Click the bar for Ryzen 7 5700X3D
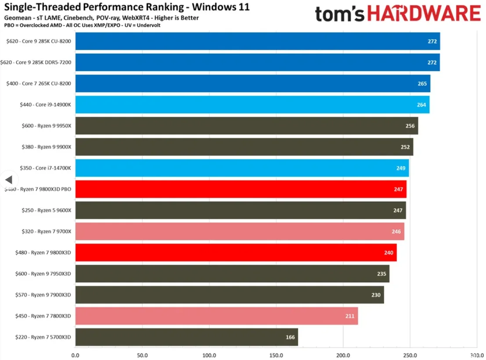[187, 337]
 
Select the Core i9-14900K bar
[252, 104]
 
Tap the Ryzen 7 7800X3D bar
[216, 316]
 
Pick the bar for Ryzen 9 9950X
[246, 126]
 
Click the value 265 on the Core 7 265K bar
[422, 83]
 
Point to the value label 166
[290, 337]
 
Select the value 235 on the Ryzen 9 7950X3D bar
[381, 274]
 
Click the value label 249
[400, 168]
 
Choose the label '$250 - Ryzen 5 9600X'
[46, 210]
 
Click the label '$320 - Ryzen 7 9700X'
[46, 231]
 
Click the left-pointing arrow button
[8, 180]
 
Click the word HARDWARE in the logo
[424, 14]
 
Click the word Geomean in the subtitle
[16, 18]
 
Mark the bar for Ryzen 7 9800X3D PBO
[241, 189]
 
